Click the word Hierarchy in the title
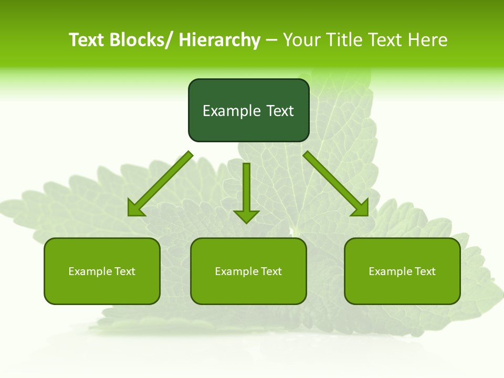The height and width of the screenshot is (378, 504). click(x=219, y=40)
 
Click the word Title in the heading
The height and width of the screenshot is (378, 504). click(x=344, y=40)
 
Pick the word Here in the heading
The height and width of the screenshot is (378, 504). click(x=428, y=40)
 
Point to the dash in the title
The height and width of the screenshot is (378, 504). click(x=271, y=40)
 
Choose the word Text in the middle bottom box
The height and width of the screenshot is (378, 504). click(x=271, y=271)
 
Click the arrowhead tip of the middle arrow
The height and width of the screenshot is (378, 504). click(x=246, y=223)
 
